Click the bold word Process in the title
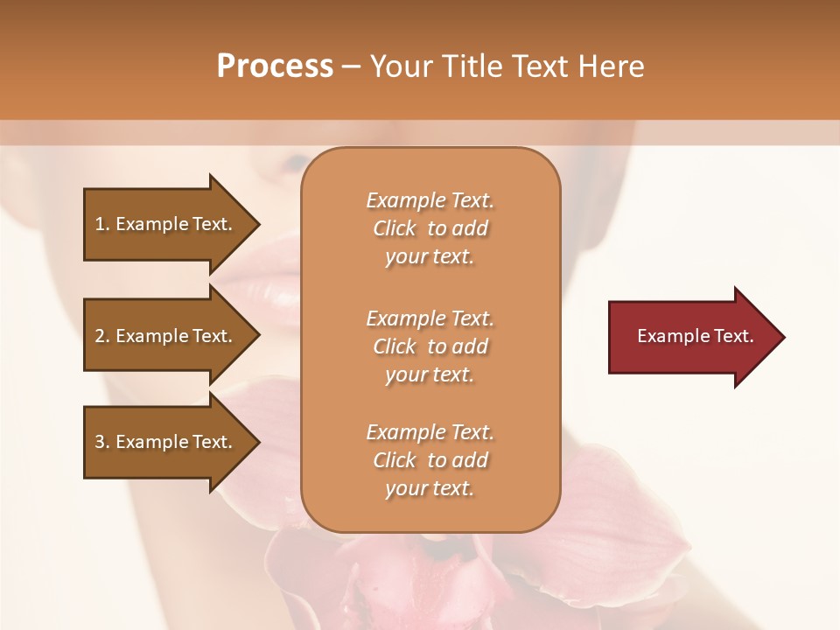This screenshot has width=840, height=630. click(x=275, y=66)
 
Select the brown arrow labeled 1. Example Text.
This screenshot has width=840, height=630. click(x=166, y=224)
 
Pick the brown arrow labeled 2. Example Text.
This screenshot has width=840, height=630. click(x=166, y=336)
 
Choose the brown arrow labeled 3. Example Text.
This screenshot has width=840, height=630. click(x=166, y=442)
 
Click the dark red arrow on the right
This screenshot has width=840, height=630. click(x=682, y=336)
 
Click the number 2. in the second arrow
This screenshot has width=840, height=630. click(x=102, y=336)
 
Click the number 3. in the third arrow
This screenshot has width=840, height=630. click(x=102, y=442)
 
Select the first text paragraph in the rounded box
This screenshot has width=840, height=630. click(x=430, y=228)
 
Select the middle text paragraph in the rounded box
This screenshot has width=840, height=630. click(x=430, y=346)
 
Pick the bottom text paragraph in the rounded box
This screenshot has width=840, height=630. click(x=430, y=460)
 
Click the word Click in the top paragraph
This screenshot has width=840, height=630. click(x=395, y=228)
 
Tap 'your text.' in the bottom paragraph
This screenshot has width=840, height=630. click(x=430, y=488)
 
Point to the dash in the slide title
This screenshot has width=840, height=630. click(x=351, y=66)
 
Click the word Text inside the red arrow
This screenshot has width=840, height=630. click(x=735, y=336)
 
